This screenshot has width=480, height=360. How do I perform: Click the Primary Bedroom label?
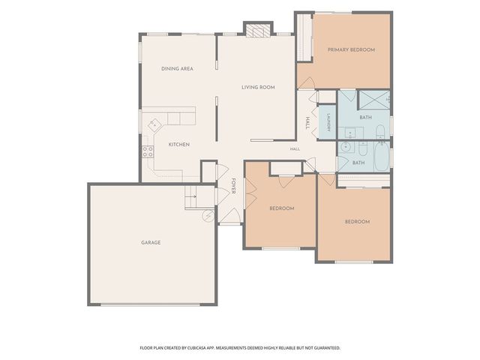tap(351, 49)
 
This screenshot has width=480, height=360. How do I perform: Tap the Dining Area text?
tap(177, 68)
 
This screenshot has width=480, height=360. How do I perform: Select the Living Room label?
tap(258, 87)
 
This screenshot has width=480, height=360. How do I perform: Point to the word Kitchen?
tap(179, 144)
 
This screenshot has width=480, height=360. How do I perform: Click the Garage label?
tap(151, 242)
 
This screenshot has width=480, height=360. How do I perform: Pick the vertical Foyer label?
tap(233, 186)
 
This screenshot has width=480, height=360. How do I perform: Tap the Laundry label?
tap(328, 122)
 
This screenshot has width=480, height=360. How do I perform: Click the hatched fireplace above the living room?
tap(259, 30)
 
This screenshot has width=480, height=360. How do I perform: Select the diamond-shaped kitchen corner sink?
tap(154, 125)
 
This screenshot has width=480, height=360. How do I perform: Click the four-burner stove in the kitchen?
tap(148, 151)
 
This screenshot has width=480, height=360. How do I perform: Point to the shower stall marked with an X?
tap(374, 100)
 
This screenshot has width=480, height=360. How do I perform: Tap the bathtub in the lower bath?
tap(382, 156)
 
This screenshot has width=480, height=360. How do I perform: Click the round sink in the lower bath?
tap(346, 147)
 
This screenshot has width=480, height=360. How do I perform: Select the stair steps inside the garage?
tap(190, 197)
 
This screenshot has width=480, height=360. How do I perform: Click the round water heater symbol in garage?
tap(209, 215)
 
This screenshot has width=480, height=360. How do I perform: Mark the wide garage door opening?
tap(150, 304)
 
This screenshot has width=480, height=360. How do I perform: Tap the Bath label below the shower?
tap(366, 117)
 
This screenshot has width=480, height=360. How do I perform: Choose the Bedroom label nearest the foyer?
tap(282, 208)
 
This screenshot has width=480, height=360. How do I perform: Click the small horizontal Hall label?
tap(295, 149)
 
